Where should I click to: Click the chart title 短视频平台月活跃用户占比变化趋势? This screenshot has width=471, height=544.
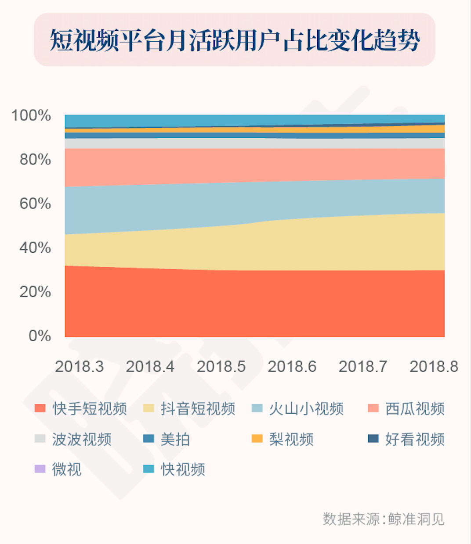(x=235, y=40)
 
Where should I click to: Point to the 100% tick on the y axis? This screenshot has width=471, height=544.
(x=31, y=116)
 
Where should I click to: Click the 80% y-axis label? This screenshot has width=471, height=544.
(x=35, y=160)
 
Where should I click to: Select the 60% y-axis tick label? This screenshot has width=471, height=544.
(x=35, y=204)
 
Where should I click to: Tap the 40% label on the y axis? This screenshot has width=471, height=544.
(x=35, y=248)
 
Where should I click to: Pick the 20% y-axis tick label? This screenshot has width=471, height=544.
(x=35, y=292)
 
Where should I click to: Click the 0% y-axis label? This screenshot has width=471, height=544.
(x=40, y=336)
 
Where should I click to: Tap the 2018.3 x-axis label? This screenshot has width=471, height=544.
(x=79, y=366)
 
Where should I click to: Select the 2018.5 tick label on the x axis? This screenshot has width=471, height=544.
(x=221, y=366)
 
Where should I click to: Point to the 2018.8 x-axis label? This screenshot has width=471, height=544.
(x=434, y=366)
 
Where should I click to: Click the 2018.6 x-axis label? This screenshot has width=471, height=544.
(x=292, y=366)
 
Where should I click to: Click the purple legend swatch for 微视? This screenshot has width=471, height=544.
(x=40, y=469)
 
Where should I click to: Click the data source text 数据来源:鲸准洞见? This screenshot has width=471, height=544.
(x=384, y=519)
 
